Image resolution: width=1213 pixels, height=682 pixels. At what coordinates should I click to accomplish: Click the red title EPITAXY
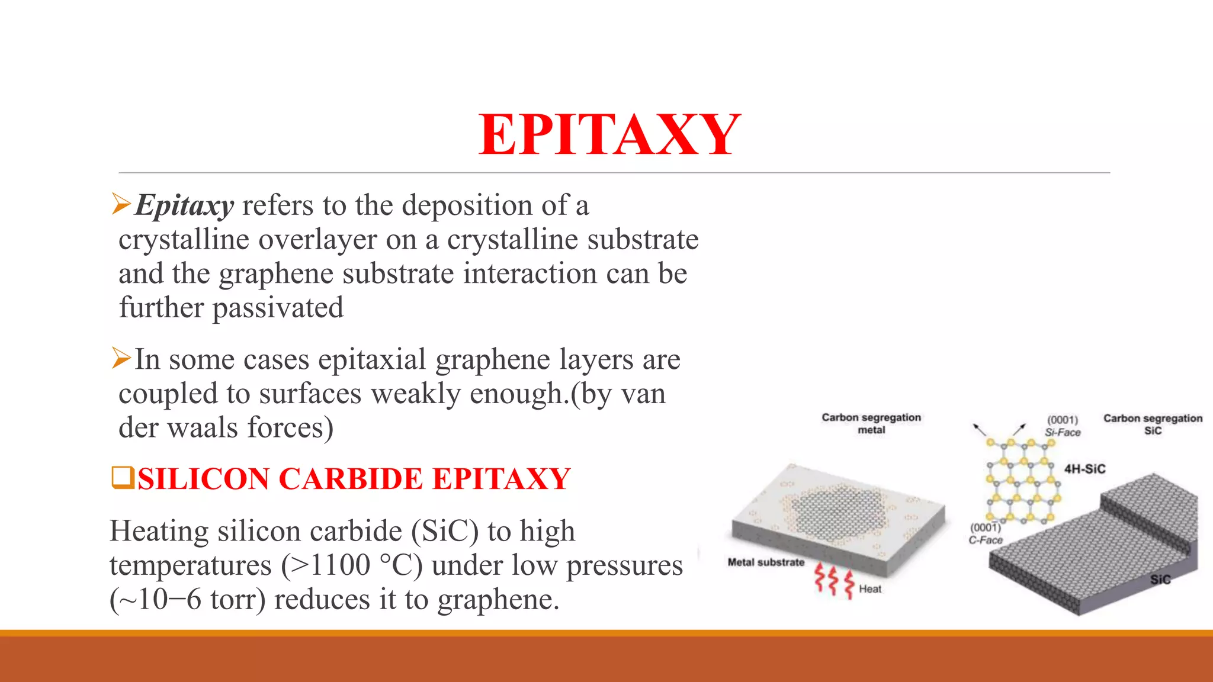point(609,135)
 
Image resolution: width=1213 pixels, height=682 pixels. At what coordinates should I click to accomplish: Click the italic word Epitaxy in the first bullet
point(184,206)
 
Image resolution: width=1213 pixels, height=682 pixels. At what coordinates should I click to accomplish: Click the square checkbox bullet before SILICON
point(123,478)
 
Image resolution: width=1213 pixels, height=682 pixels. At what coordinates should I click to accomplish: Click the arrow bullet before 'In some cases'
point(121,359)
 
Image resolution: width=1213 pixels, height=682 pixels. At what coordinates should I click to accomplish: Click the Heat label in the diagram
point(869,589)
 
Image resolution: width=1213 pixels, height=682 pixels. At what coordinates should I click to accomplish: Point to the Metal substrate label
point(766,562)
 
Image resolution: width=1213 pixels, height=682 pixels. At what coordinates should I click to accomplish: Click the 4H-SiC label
point(1084,469)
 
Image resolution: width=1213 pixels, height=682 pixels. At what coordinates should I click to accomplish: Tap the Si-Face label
point(1063,433)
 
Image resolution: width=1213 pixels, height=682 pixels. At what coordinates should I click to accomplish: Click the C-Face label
point(986,540)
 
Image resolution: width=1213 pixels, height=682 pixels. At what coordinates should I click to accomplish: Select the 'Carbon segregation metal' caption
point(871,423)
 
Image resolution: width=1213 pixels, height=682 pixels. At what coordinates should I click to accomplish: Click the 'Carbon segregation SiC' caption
point(1152,424)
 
